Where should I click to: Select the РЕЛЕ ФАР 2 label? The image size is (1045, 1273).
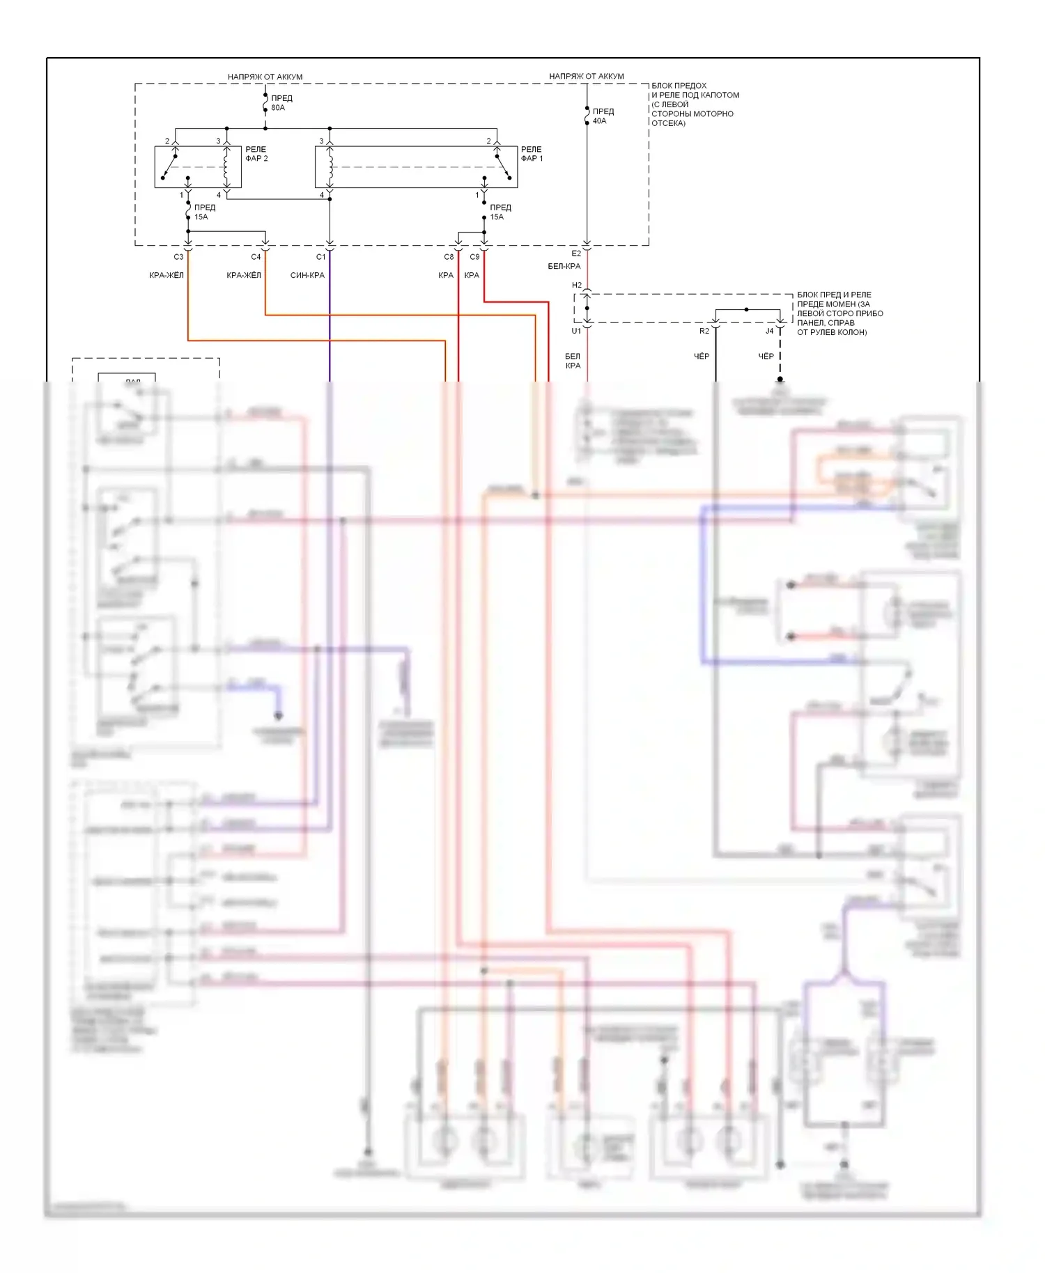click(256, 154)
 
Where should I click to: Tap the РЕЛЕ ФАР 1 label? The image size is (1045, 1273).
click(532, 154)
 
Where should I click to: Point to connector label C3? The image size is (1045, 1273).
click(178, 257)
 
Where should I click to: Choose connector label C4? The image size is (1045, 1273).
click(256, 257)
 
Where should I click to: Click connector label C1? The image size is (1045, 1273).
click(320, 257)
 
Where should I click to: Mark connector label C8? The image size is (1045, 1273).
click(449, 257)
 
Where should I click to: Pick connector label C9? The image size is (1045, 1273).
click(474, 257)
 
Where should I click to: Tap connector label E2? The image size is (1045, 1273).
click(576, 253)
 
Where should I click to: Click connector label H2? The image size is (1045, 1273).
click(577, 285)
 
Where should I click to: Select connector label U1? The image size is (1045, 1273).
click(576, 331)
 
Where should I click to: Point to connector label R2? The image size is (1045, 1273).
click(704, 331)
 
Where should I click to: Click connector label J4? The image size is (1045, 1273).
click(769, 331)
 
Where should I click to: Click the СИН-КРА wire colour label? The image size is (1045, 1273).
click(307, 275)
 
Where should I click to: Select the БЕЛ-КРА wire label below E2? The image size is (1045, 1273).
click(564, 266)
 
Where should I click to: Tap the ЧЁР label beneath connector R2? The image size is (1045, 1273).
click(702, 357)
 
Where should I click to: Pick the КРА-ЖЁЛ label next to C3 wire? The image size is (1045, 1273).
click(167, 275)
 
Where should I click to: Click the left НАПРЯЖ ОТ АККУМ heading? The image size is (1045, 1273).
click(265, 77)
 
